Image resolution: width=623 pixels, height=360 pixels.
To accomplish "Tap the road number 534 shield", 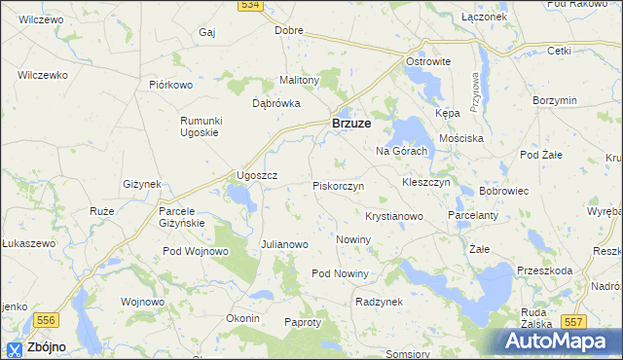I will [250, 6].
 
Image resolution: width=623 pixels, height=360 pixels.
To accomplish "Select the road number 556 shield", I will [46, 319].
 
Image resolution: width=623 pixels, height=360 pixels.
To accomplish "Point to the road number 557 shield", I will [574, 320].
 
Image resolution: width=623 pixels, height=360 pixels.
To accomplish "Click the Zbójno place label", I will [47, 347].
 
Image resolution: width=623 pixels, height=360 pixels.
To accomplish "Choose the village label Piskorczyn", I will [338, 185].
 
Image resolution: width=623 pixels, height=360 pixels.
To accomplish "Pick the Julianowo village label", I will [284, 244].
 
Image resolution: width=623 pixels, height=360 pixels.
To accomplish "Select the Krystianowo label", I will [393, 215].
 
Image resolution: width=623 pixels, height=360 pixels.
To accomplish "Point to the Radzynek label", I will [379, 303].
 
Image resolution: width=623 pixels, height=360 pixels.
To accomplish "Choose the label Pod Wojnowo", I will [195, 252].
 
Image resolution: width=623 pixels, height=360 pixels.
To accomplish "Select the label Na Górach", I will [402, 152].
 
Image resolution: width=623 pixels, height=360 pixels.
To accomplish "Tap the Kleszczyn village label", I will [425, 182].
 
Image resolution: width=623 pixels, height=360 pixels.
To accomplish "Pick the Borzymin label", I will [556, 100].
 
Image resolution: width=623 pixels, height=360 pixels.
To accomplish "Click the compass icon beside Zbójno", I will [15, 348].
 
